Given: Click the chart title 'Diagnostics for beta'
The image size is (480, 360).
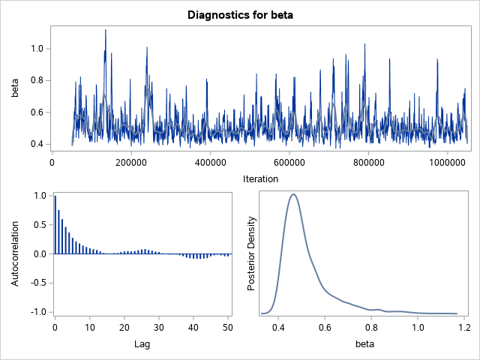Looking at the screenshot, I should pyautogui.click(x=240, y=13).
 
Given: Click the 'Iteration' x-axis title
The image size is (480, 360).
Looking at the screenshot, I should pyautogui.click(x=260, y=178).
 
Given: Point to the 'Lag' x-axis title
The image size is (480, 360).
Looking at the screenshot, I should pyautogui.click(x=142, y=343).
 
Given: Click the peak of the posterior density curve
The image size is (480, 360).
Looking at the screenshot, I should pyautogui.click(x=293, y=194).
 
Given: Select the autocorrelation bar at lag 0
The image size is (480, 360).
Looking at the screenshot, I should pyautogui.click(x=55, y=224).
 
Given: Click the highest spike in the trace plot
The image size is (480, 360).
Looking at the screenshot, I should pyautogui.click(x=105, y=31).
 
